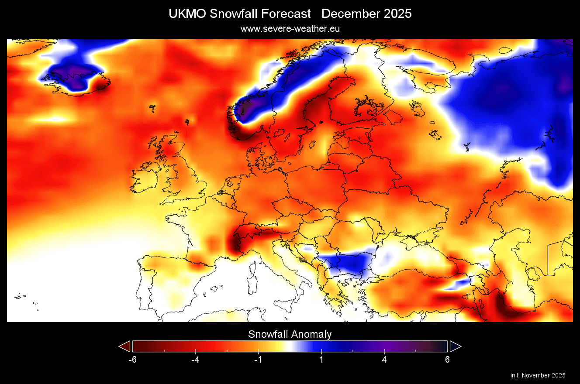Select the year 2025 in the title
tap(398, 14)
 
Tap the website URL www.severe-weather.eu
tap(290, 29)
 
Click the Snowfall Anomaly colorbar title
tap(290, 335)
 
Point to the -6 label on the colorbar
tap(132, 360)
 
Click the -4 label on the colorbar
tap(195, 360)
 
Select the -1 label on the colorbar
tap(258, 360)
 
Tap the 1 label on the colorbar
tap(321, 360)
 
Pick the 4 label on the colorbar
tap(384, 360)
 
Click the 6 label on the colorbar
tap(447, 360)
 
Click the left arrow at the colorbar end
tap(125, 346)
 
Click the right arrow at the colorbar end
tap(455, 346)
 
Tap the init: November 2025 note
tap(538, 375)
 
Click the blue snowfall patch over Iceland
tap(72, 76)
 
